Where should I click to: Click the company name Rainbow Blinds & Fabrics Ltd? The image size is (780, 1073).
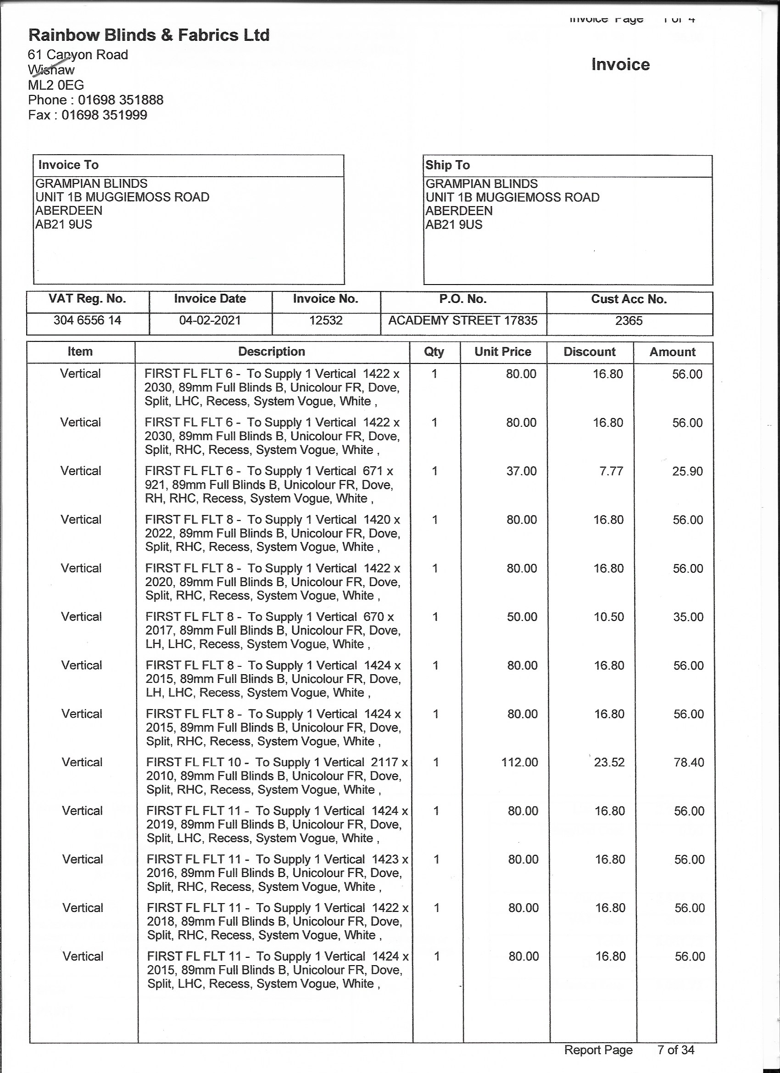pos(149,35)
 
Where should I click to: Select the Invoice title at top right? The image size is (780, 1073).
pos(620,64)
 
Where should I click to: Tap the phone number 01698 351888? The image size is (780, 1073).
pos(121,100)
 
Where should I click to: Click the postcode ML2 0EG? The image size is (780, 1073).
pos(56,85)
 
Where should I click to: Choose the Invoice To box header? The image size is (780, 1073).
pos(68,165)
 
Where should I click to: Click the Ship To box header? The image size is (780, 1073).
pos(447,165)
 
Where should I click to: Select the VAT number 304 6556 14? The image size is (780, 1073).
pos(87,320)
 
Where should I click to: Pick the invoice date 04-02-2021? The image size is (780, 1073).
pos(210,320)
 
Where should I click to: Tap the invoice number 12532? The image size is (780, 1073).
pos(325,320)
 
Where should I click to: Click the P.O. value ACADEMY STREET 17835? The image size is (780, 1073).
pos(462,320)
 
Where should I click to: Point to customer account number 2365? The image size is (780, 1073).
pos(629,321)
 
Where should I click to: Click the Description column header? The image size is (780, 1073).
pos(272,352)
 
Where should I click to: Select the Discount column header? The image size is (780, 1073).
pos(590,352)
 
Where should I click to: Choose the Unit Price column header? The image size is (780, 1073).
pos(503,352)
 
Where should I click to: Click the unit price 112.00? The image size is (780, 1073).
pos(519,762)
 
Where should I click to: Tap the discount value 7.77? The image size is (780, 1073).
pos(611,471)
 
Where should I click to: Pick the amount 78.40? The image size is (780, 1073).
pos(689,762)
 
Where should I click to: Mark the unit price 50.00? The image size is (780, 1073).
pos(522,617)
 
